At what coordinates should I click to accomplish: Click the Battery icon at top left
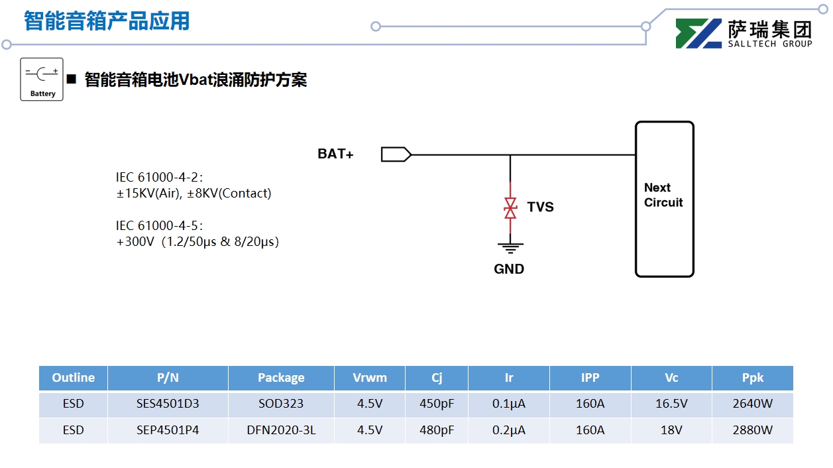(42, 79)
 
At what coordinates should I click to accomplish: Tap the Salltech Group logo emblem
(698, 33)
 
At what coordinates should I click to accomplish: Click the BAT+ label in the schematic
(335, 154)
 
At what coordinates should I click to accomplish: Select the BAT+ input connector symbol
(396, 154)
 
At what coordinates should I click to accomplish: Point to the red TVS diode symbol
(510, 208)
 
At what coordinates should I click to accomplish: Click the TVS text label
(540, 207)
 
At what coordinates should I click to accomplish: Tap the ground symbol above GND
(510, 248)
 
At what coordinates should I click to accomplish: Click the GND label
(509, 269)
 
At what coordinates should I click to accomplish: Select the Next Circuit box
(664, 199)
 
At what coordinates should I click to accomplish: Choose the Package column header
(281, 378)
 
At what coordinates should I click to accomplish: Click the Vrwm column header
(370, 378)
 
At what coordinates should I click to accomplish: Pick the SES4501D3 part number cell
(168, 404)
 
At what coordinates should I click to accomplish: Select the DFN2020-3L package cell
(281, 430)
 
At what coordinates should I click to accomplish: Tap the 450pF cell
(437, 404)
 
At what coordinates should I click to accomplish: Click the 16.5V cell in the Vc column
(671, 404)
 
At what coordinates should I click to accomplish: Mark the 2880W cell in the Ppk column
(752, 430)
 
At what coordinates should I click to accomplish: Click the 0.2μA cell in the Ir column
(508, 430)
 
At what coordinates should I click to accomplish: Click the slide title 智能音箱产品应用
(107, 21)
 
